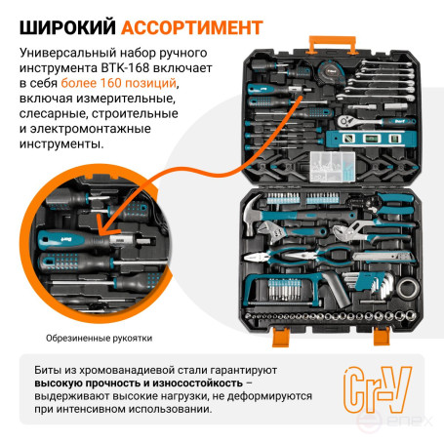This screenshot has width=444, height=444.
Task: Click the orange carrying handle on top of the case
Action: pos(332,42)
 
